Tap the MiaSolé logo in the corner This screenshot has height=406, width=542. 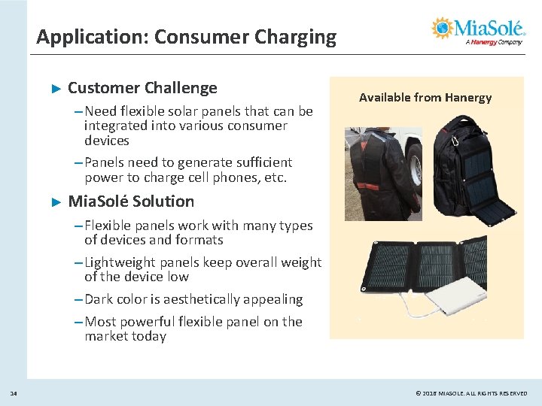pos(478,31)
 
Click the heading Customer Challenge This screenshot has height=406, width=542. pos(142,88)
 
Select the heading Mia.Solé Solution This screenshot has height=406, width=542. pos(131,201)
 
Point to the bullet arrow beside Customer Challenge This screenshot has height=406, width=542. pos(54,89)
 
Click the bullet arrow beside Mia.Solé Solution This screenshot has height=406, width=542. pos(54,202)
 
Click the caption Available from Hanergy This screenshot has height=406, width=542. pos(425,97)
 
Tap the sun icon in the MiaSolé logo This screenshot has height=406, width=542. pos(442,29)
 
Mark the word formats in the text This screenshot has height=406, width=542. pos(198,240)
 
